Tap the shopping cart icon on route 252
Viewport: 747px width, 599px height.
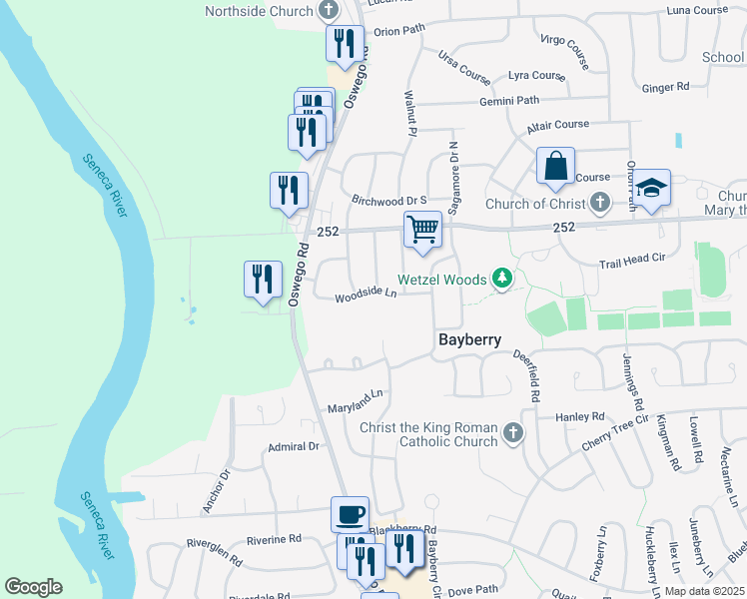click(x=422, y=229)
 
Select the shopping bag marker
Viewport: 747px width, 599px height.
click(x=555, y=166)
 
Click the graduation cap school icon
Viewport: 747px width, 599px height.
click(x=651, y=188)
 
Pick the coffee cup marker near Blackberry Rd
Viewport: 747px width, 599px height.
click(x=350, y=514)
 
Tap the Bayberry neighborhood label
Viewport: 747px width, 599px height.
click(x=469, y=340)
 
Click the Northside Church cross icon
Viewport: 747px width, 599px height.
click(x=329, y=12)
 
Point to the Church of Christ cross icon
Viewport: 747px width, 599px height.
click(x=599, y=205)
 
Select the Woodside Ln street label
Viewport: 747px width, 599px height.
click(x=366, y=295)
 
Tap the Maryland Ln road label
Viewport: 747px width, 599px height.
click(x=356, y=402)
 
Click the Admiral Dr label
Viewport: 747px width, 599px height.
click(x=293, y=446)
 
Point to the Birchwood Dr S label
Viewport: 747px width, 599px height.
click(x=388, y=200)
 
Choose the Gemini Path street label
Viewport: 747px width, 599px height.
click(x=508, y=101)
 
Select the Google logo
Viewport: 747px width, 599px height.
click(x=33, y=586)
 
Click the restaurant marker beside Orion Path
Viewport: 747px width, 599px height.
click(x=345, y=44)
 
